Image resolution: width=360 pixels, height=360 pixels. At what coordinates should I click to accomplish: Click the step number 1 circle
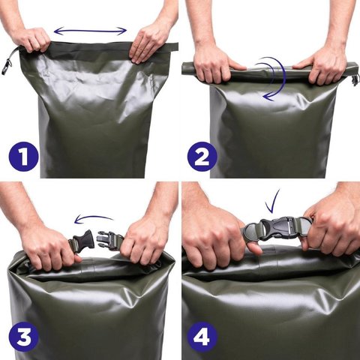(24, 157)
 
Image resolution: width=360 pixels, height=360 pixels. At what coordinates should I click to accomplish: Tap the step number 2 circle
(202, 157)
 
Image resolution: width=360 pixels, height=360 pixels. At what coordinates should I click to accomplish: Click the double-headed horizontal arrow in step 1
(90, 31)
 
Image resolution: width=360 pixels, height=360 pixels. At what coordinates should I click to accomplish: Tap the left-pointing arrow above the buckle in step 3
(94, 218)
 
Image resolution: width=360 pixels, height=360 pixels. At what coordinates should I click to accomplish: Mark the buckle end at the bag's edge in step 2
(355, 79)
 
